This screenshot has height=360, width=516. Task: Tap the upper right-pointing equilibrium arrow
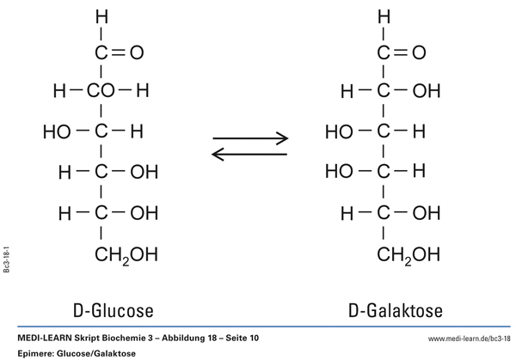250,137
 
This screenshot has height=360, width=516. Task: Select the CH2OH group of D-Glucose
126,254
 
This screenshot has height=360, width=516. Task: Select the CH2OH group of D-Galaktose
408,254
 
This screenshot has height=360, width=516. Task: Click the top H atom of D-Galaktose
384,16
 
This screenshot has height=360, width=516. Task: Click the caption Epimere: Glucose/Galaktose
75,353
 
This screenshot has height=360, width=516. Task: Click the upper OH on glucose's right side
144,172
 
